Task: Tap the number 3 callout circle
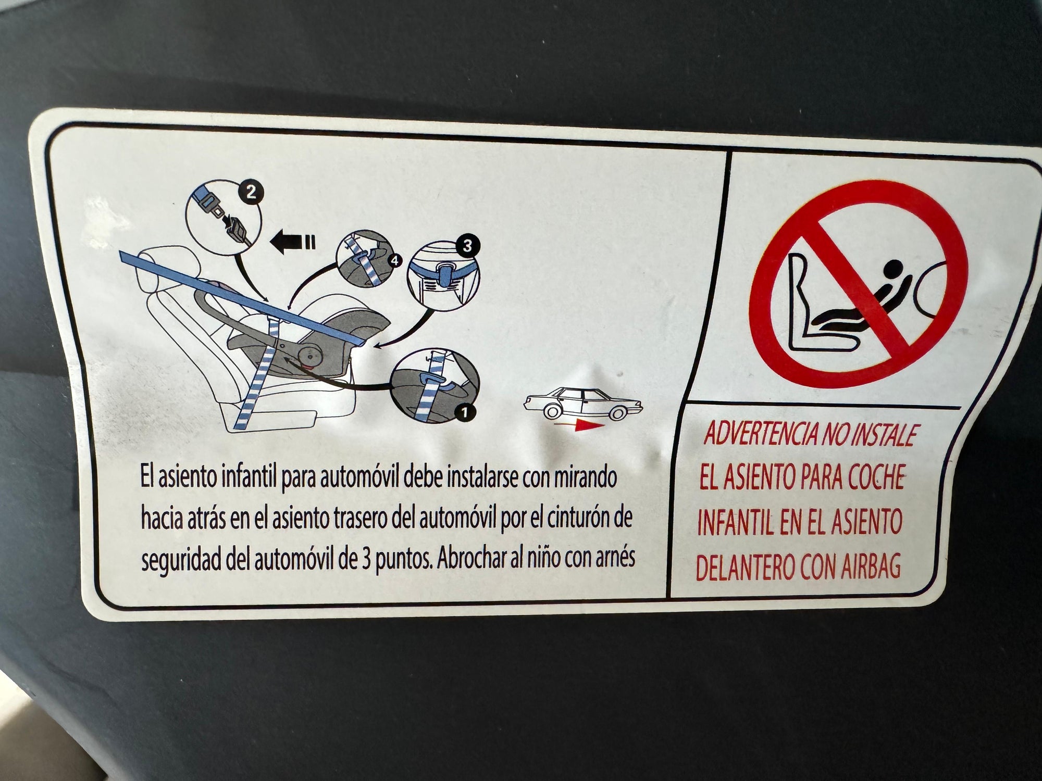click(x=466, y=246)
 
